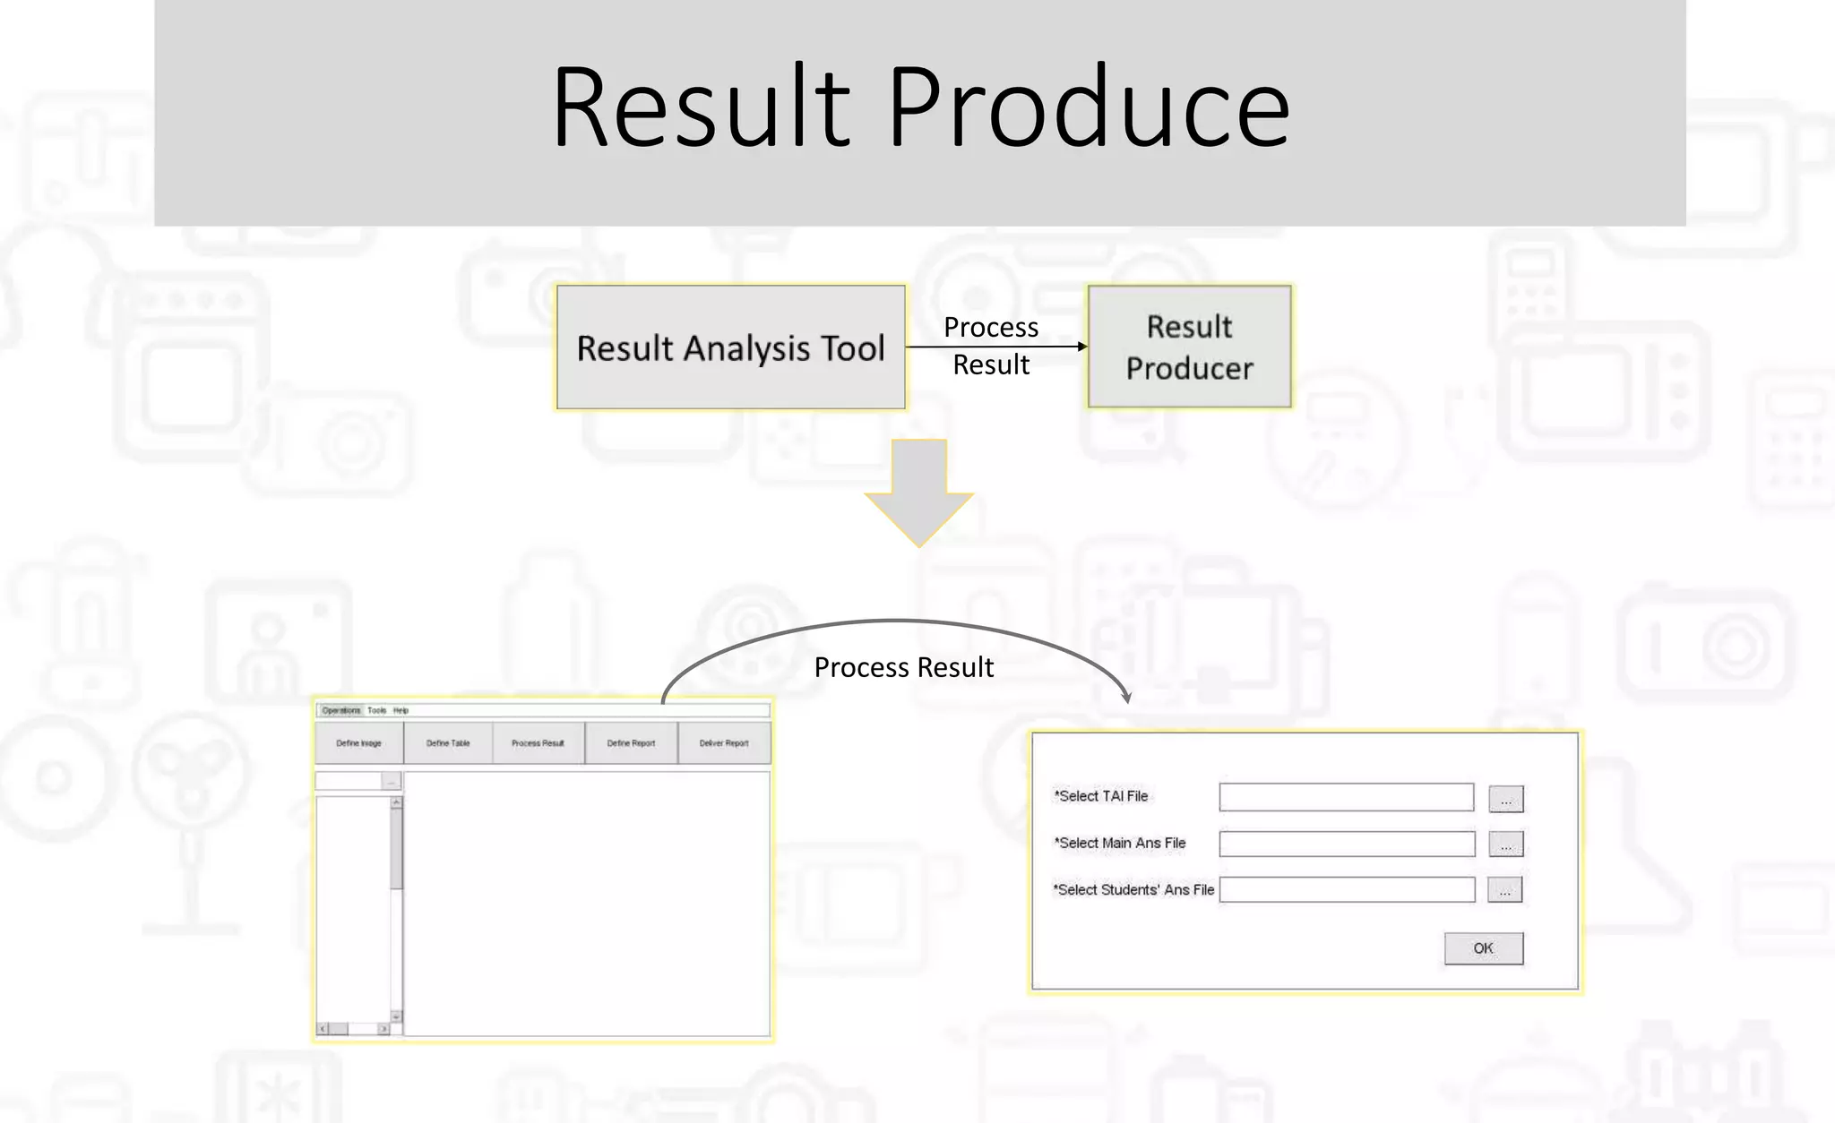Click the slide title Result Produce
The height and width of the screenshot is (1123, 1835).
click(x=920, y=108)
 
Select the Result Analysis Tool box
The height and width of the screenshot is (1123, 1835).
click(x=730, y=347)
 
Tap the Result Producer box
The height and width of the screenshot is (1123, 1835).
click(x=1189, y=347)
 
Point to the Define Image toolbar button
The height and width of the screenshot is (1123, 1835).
click(x=359, y=743)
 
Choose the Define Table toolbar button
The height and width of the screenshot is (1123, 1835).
click(x=448, y=743)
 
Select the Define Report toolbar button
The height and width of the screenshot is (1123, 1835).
click(x=631, y=743)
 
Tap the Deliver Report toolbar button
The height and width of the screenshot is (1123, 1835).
click(x=724, y=743)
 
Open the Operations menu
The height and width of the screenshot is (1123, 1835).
click(x=340, y=710)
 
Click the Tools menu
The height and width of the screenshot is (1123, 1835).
click(x=376, y=710)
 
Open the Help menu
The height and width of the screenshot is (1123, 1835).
click(x=401, y=710)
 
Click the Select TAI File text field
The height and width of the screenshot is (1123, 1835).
click(x=1346, y=797)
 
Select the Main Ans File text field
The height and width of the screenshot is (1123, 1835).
click(x=1346, y=844)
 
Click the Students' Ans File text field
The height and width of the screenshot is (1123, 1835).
click(x=1346, y=889)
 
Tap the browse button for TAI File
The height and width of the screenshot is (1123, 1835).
click(x=1505, y=799)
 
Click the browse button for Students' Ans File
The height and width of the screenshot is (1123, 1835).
click(x=1504, y=890)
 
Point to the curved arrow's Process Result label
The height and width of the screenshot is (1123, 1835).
click(x=903, y=667)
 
